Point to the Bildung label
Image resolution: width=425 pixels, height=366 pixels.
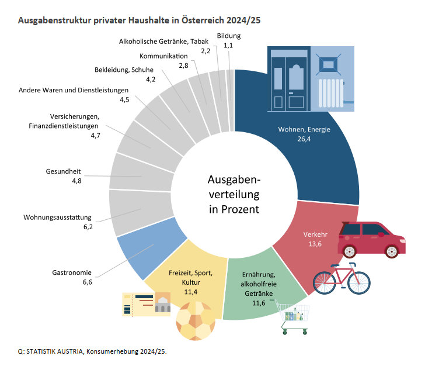(228, 36)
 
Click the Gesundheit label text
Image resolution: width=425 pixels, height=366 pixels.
(63, 171)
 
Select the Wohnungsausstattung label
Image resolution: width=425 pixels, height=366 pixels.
(58, 217)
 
